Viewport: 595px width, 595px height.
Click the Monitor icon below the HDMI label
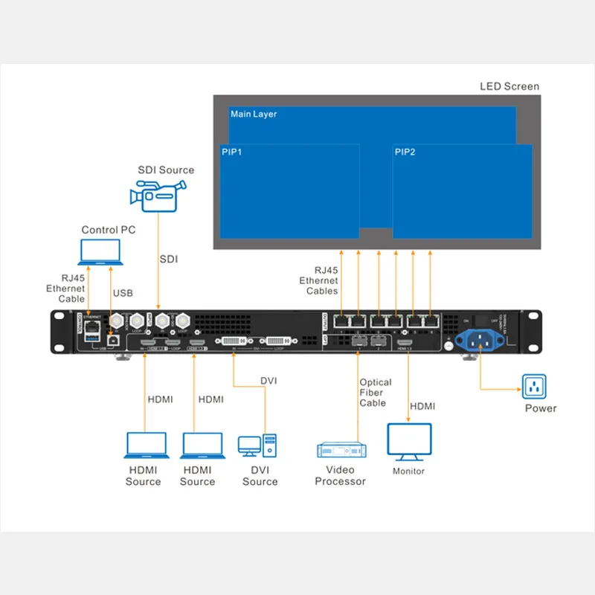409,440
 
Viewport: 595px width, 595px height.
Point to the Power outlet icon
534,387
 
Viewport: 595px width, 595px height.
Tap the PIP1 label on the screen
232,152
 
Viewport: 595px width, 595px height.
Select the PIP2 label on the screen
405,152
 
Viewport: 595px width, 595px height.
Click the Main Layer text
254,114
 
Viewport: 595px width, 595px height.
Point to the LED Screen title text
509,86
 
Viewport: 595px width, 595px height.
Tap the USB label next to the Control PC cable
123,293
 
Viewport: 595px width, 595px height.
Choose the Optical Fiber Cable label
374,393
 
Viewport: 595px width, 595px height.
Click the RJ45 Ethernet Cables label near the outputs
319,280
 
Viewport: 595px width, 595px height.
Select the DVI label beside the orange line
268,381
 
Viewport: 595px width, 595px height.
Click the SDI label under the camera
169,259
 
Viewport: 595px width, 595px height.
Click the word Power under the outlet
541,408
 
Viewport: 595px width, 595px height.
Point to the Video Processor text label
340,475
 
